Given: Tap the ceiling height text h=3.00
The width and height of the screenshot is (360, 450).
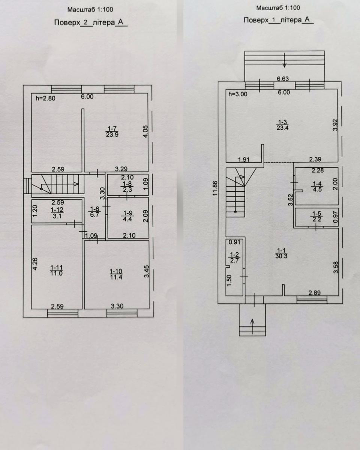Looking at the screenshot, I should pyautogui.click(x=238, y=94).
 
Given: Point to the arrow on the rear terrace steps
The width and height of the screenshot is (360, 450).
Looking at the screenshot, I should pyautogui.click(x=285, y=61).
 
